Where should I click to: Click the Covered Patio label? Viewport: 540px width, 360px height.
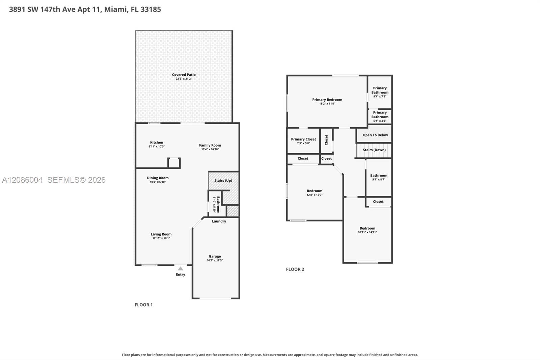(184, 75)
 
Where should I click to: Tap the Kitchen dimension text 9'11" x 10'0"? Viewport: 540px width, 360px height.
(157, 147)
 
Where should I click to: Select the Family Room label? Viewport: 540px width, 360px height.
(210, 145)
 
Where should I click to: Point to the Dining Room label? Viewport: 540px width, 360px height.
(158, 178)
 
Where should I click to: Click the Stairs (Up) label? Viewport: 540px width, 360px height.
(223, 180)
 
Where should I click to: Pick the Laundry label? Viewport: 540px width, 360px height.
(219, 221)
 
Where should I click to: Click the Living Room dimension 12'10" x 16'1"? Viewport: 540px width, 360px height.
(161, 238)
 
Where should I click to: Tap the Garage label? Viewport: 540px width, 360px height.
(215, 256)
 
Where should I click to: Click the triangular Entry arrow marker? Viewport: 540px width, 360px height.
(180, 268)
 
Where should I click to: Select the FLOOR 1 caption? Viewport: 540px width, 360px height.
(143, 305)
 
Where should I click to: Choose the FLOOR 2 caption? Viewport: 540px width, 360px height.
(295, 269)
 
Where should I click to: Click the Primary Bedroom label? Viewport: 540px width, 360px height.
(327, 100)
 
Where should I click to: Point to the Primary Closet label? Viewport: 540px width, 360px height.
(303, 139)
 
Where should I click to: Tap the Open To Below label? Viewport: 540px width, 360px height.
(375, 135)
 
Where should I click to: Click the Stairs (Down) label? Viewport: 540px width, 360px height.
(374, 150)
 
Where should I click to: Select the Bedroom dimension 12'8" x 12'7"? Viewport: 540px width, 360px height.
(314, 195)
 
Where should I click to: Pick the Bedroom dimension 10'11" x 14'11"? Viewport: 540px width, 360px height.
(367, 232)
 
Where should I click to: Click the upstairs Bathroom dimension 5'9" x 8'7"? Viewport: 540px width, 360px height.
(379, 180)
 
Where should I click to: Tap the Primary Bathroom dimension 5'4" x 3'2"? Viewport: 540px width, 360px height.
(380, 121)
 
